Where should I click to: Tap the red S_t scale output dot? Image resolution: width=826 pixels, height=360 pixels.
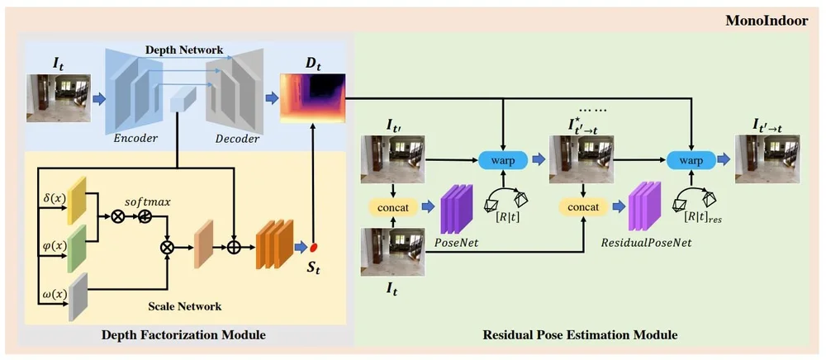pyautogui.click(x=315, y=247)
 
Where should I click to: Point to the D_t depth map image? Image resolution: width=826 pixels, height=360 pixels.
pyautogui.click(x=313, y=97)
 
